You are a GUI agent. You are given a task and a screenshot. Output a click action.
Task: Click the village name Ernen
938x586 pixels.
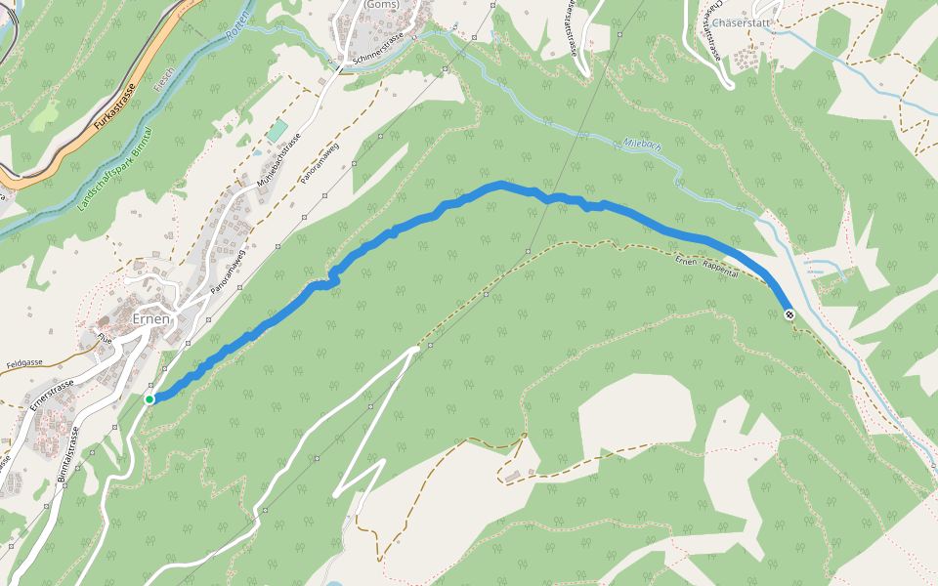151,319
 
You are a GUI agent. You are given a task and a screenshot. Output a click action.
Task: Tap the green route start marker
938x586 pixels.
149,398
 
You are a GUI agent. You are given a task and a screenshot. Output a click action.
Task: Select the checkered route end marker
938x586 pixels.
789,314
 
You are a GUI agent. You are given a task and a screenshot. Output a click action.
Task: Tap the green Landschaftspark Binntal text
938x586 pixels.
116,169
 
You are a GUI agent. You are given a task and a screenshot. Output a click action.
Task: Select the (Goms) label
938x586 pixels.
380,4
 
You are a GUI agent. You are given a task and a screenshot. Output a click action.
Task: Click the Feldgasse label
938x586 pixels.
23,361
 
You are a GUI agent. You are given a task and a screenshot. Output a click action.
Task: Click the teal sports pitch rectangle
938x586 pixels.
277,130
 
